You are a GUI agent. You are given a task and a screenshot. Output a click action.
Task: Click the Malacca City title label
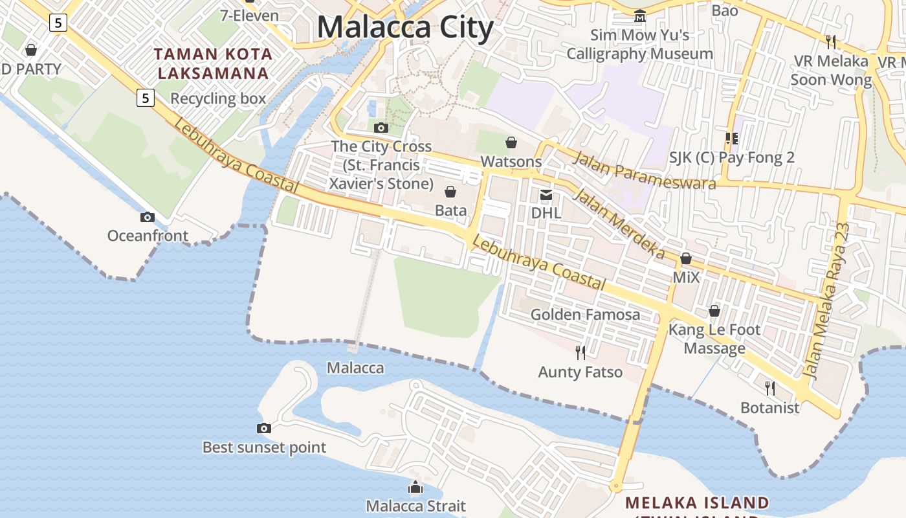[x=405, y=28]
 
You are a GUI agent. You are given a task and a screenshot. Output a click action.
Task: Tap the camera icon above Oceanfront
[x=148, y=218]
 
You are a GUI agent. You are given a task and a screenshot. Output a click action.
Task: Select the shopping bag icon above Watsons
[x=511, y=142]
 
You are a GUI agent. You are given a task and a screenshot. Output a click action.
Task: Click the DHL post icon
[x=546, y=194]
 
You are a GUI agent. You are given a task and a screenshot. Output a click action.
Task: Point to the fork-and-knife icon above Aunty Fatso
[x=580, y=352]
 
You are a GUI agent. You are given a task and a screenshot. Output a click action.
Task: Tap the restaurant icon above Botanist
[x=770, y=388]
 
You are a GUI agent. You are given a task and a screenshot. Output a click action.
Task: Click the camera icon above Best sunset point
[x=264, y=428]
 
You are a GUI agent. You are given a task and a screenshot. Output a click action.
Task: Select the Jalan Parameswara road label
[x=645, y=170]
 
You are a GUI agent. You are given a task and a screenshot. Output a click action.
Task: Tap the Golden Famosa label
[x=585, y=315]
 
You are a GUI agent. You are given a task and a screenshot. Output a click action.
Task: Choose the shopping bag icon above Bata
[x=450, y=192]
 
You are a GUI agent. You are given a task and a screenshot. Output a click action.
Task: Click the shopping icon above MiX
[x=686, y=259]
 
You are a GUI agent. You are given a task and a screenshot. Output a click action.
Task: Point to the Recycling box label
[x=218, y=98]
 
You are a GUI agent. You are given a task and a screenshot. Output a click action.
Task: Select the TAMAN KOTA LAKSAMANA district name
[x=214, y=63]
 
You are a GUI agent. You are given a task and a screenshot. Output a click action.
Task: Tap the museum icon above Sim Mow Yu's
[x=640, y=16]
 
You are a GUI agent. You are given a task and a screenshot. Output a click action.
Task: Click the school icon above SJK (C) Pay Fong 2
[x=732, y=138]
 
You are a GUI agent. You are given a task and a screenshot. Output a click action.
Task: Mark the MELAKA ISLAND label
[x=698, y=502]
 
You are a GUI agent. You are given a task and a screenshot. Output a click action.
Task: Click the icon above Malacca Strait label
[x=415, y=487]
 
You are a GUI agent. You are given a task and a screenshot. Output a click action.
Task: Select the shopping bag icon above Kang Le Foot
[x=714, y=311]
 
